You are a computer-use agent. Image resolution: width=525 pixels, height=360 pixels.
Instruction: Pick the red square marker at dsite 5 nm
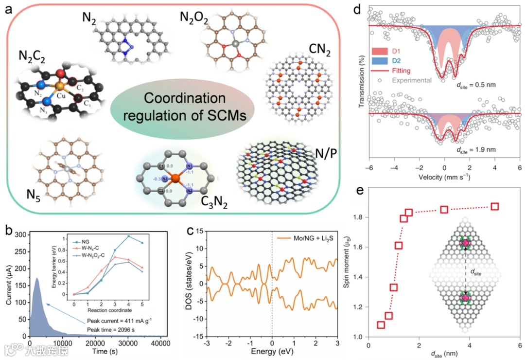tap(495, 206)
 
